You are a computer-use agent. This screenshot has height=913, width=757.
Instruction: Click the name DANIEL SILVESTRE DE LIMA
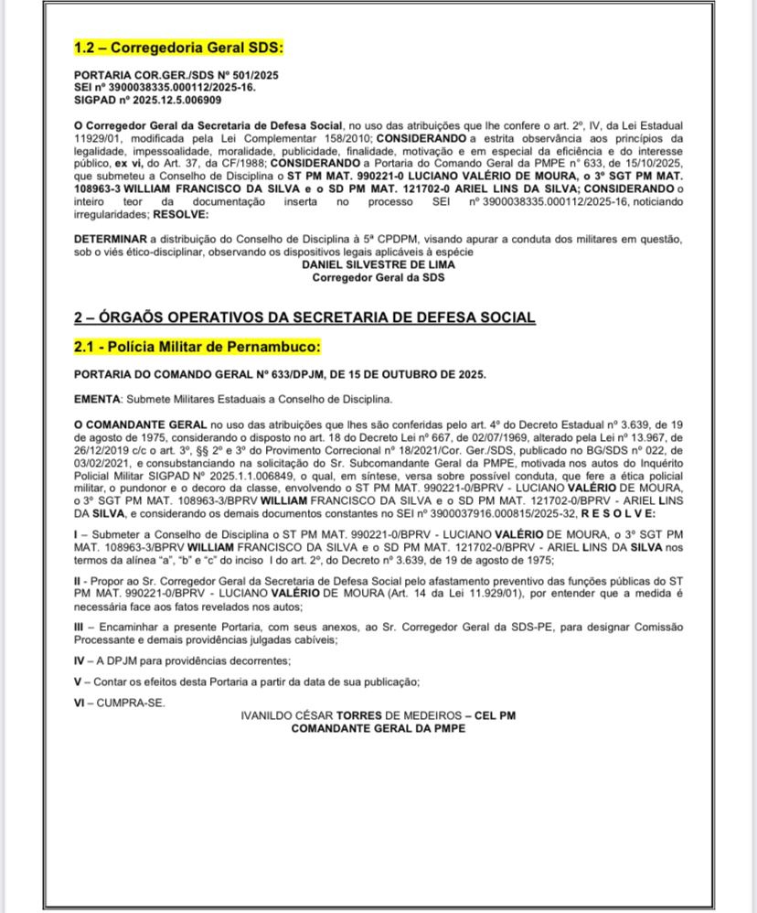pos(378,264)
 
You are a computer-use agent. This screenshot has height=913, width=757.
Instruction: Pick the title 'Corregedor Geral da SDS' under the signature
pos(378,276)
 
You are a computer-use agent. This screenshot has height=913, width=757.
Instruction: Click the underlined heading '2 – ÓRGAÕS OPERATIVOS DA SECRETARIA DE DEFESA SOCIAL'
pos(304,317)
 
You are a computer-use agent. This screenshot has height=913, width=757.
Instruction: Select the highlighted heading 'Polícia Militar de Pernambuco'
pos(212,348)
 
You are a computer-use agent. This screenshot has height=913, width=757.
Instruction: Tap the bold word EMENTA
pos(96,399)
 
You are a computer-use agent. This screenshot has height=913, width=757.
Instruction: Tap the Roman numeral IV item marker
pos(80,661)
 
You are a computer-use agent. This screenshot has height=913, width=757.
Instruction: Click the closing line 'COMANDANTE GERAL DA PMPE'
pos(378,728)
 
